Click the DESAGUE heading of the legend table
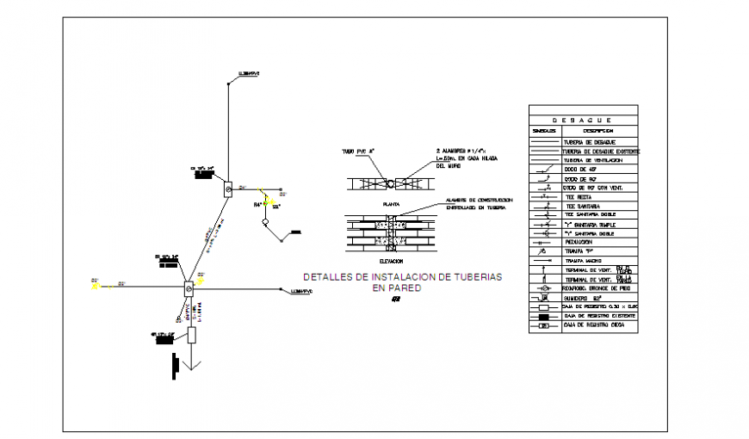pos(582,121)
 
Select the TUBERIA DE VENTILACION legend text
pos(593,160)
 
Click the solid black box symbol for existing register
pos(544,317)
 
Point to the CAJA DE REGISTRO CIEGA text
pos(595,326)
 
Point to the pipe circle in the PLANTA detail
pos(389,183)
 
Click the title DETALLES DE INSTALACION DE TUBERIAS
pos(402,277)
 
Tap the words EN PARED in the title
pos(396,288)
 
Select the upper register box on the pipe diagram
pos(227,189)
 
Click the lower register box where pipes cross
pos(188,291)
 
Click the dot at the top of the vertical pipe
pos(227,83)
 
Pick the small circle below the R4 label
pos(266,222)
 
